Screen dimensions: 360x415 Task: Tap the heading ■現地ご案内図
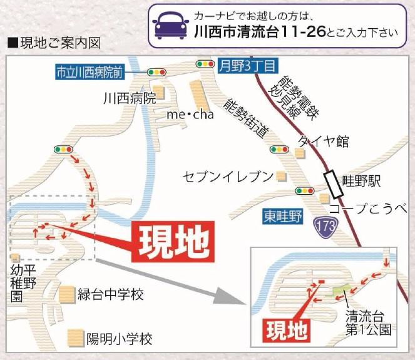coord(53,44)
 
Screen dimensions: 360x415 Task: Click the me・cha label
coord(190,115)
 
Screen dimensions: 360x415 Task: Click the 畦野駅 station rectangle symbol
coord(330,182)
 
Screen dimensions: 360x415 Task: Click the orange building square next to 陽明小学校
coord(76,339)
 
